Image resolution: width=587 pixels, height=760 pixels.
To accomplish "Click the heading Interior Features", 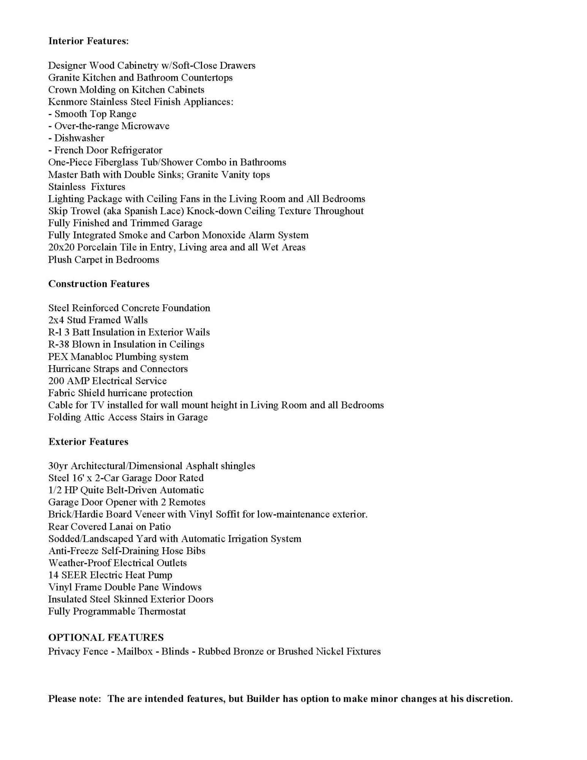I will [x=89, y=41].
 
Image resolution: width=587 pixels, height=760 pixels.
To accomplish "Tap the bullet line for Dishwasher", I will [x=76, y=138].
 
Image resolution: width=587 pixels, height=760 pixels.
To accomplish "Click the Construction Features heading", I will [x=99, y=284].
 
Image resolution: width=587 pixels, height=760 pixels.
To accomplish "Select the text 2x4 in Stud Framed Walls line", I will [x=56, y=320].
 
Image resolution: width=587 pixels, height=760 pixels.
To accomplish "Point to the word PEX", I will [x=58, y=356].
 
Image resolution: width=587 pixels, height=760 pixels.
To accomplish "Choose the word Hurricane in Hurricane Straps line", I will [x=69, y=369].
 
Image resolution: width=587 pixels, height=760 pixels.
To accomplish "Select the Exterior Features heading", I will [x=88, y=442].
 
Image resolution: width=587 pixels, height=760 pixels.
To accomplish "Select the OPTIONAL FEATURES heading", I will [x=106, y=637].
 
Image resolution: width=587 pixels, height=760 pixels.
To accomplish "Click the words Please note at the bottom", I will [x=74, y=699].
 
